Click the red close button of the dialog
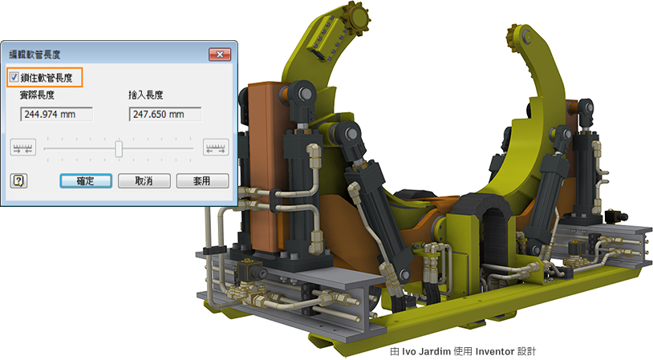pyautogui.click(x=220, y=55)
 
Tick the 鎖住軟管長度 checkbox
pyautogui.click(x=14, y=77)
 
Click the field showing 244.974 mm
pyautogui.click(x=57, y=114)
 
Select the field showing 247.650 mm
pyautogui.click(x=165, y=114)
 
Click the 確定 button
pyautogui.click(x=86, y=181)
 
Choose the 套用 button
pyautogui.click(x=202, y=181)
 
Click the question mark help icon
pyautogui.click(x=18, y=180)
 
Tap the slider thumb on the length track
pyautogui.click(x=119, y=148)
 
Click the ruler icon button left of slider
pyautogui.click(x=23, y=148)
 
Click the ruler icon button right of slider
pyautogui.click(x=216, y=148)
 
